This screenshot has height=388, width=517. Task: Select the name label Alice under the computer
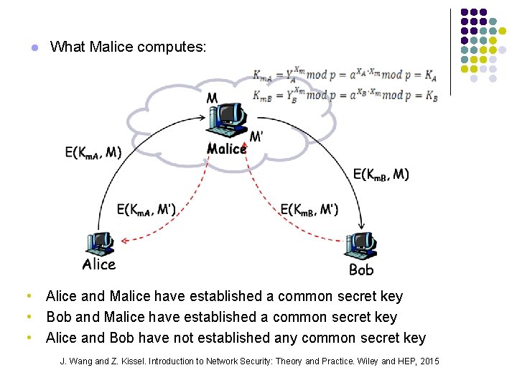[99, 264]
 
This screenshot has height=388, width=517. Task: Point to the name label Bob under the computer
[361, 270]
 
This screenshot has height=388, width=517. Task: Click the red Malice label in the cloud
[226, 149]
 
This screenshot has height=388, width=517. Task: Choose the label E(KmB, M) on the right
[381, 174]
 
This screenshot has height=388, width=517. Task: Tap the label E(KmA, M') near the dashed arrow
[146, 210]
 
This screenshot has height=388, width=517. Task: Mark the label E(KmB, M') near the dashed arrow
[309, 210]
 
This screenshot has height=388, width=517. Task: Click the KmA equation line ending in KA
[345, 75]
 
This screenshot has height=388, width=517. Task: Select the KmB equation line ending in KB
[345, 95]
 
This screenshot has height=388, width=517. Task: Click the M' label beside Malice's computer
[256, 137]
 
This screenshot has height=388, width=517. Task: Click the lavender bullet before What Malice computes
[33, 48]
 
